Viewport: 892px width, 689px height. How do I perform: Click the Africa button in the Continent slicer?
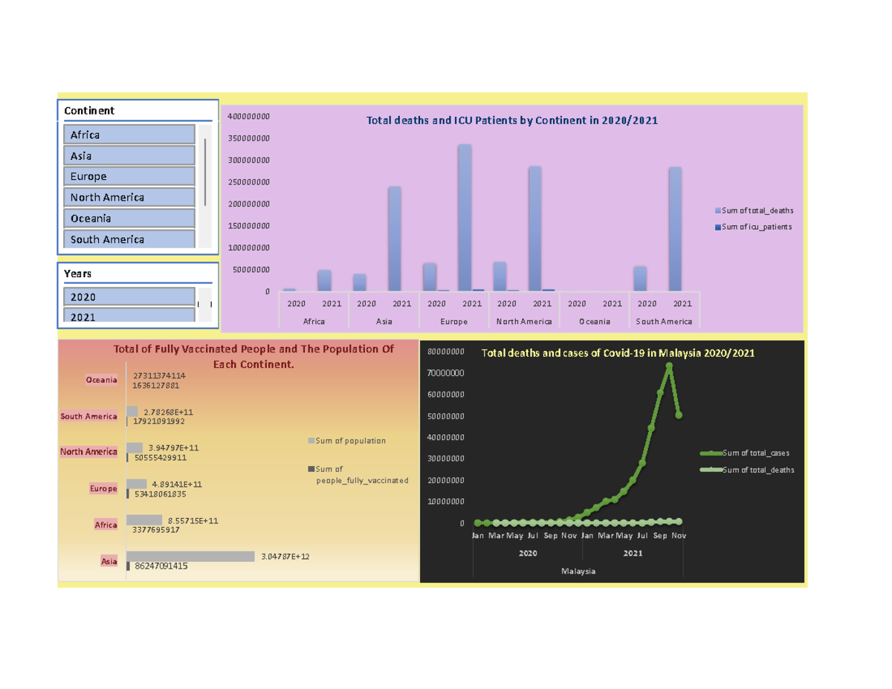pyautogui.click(x=129, y=135)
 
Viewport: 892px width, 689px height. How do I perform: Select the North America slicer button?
pyautogui.click(x=129, y=198)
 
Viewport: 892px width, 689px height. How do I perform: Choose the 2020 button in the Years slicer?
pyautogui.click(x=129, y=297)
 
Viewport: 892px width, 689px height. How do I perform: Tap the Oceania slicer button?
pyautogui.click(x=129, y=219)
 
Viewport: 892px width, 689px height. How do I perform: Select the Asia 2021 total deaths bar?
pyautogui.click(x=394, y=238)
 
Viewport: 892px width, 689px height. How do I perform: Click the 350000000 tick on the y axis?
pyautogui.click(x=250, y=138)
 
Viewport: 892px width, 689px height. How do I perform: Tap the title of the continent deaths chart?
pyautogui.click(x=511, y=120)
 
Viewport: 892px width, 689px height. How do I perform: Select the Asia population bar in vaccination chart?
pyautogui.click(x=190, y=556)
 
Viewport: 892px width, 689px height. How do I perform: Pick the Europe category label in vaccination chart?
pyautogui.click(x=103, y=489)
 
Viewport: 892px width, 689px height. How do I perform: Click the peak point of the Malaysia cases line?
pyautogui.click(x=669, y=366)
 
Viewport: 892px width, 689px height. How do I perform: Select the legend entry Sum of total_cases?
pyautogui.click(x=755, y=453)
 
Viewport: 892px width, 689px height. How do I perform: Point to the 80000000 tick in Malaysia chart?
pyautogui.click(x=447, y=352)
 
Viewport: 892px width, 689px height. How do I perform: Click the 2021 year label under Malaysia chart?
pyautogui.click(x=633, y=553)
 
